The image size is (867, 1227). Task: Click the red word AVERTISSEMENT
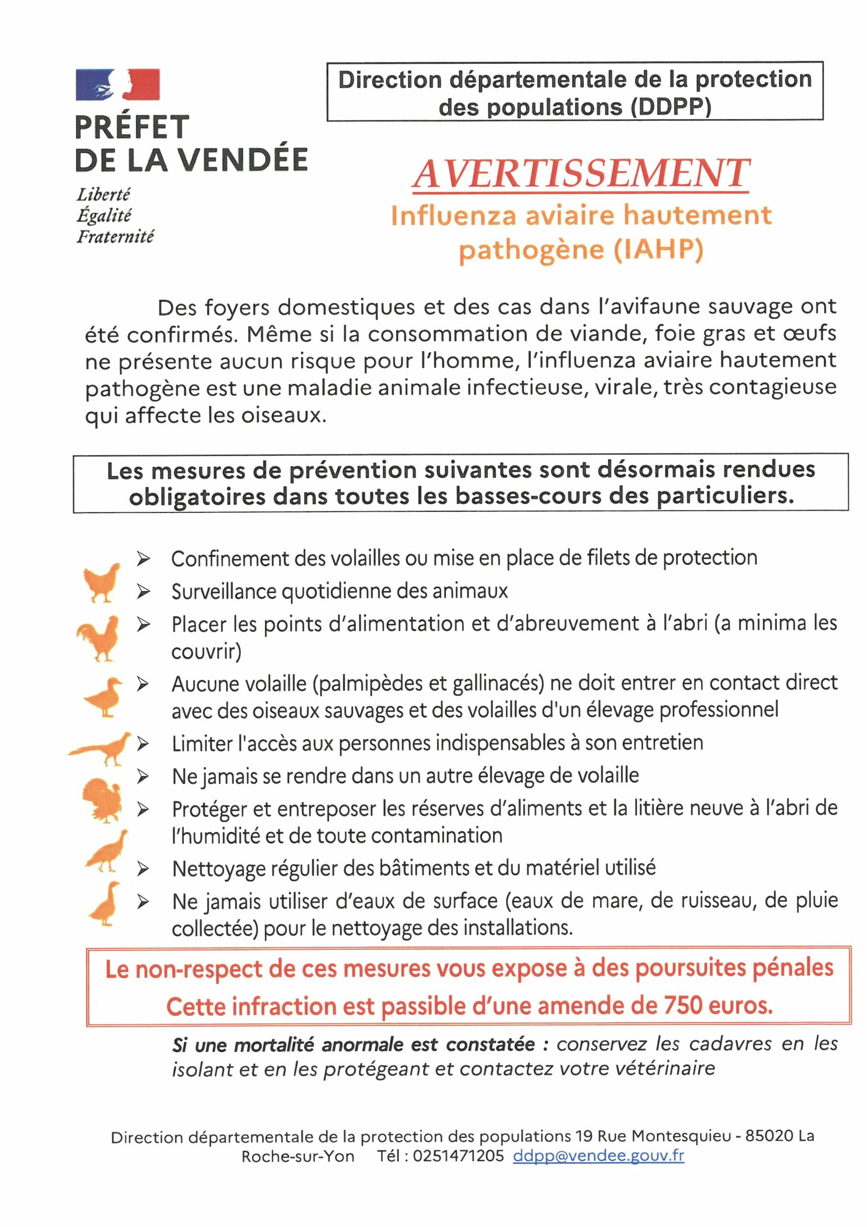click(581, 174)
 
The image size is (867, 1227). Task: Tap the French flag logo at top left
click(117, 85)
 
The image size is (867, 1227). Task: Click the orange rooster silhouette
click(99, 638)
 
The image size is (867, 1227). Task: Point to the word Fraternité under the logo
click(115, 236)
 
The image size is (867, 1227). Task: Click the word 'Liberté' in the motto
click(103, 194)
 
